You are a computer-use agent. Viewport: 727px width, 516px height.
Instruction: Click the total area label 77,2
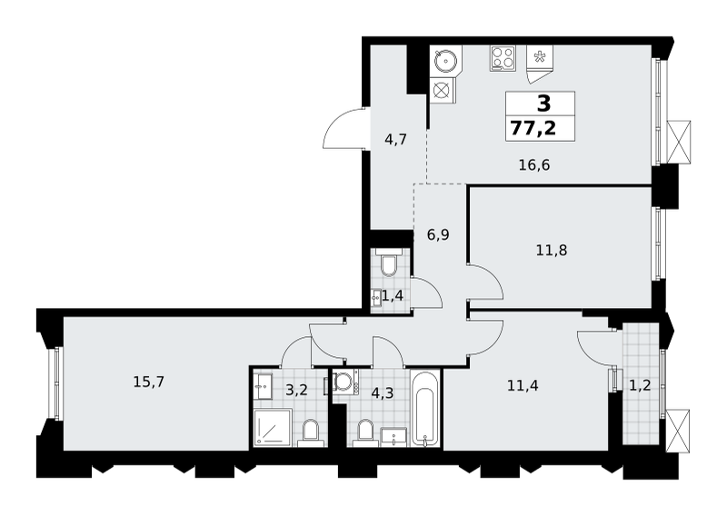pos(533,128)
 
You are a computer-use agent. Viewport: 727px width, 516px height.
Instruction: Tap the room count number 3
pos(543,104)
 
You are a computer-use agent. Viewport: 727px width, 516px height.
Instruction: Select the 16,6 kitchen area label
pos(534,164)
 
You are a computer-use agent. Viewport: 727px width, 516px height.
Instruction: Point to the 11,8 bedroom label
pos(552,251)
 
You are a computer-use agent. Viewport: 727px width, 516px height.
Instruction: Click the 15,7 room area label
pos(149,382)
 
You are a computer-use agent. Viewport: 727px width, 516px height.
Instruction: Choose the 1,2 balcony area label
pos(640,385)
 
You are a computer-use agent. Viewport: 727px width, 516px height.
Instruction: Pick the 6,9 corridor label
pos(438,234)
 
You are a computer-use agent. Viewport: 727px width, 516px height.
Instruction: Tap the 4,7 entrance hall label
pos(395,139)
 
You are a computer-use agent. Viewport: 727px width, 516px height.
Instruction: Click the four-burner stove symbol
pos(503,58)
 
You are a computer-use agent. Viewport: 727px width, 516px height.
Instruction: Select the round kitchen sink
pos(446,60)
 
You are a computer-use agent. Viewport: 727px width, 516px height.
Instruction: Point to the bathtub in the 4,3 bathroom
pos(424,408)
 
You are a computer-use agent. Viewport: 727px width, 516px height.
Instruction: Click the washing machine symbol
pos(344,382)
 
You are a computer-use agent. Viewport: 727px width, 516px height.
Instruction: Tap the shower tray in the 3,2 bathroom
pos(273,428)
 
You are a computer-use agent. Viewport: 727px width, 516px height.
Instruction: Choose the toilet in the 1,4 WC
pos(388,262)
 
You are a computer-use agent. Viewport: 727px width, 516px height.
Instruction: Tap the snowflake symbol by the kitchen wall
pos(539,57)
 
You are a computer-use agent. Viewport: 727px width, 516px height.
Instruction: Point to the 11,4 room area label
pos(523,385)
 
